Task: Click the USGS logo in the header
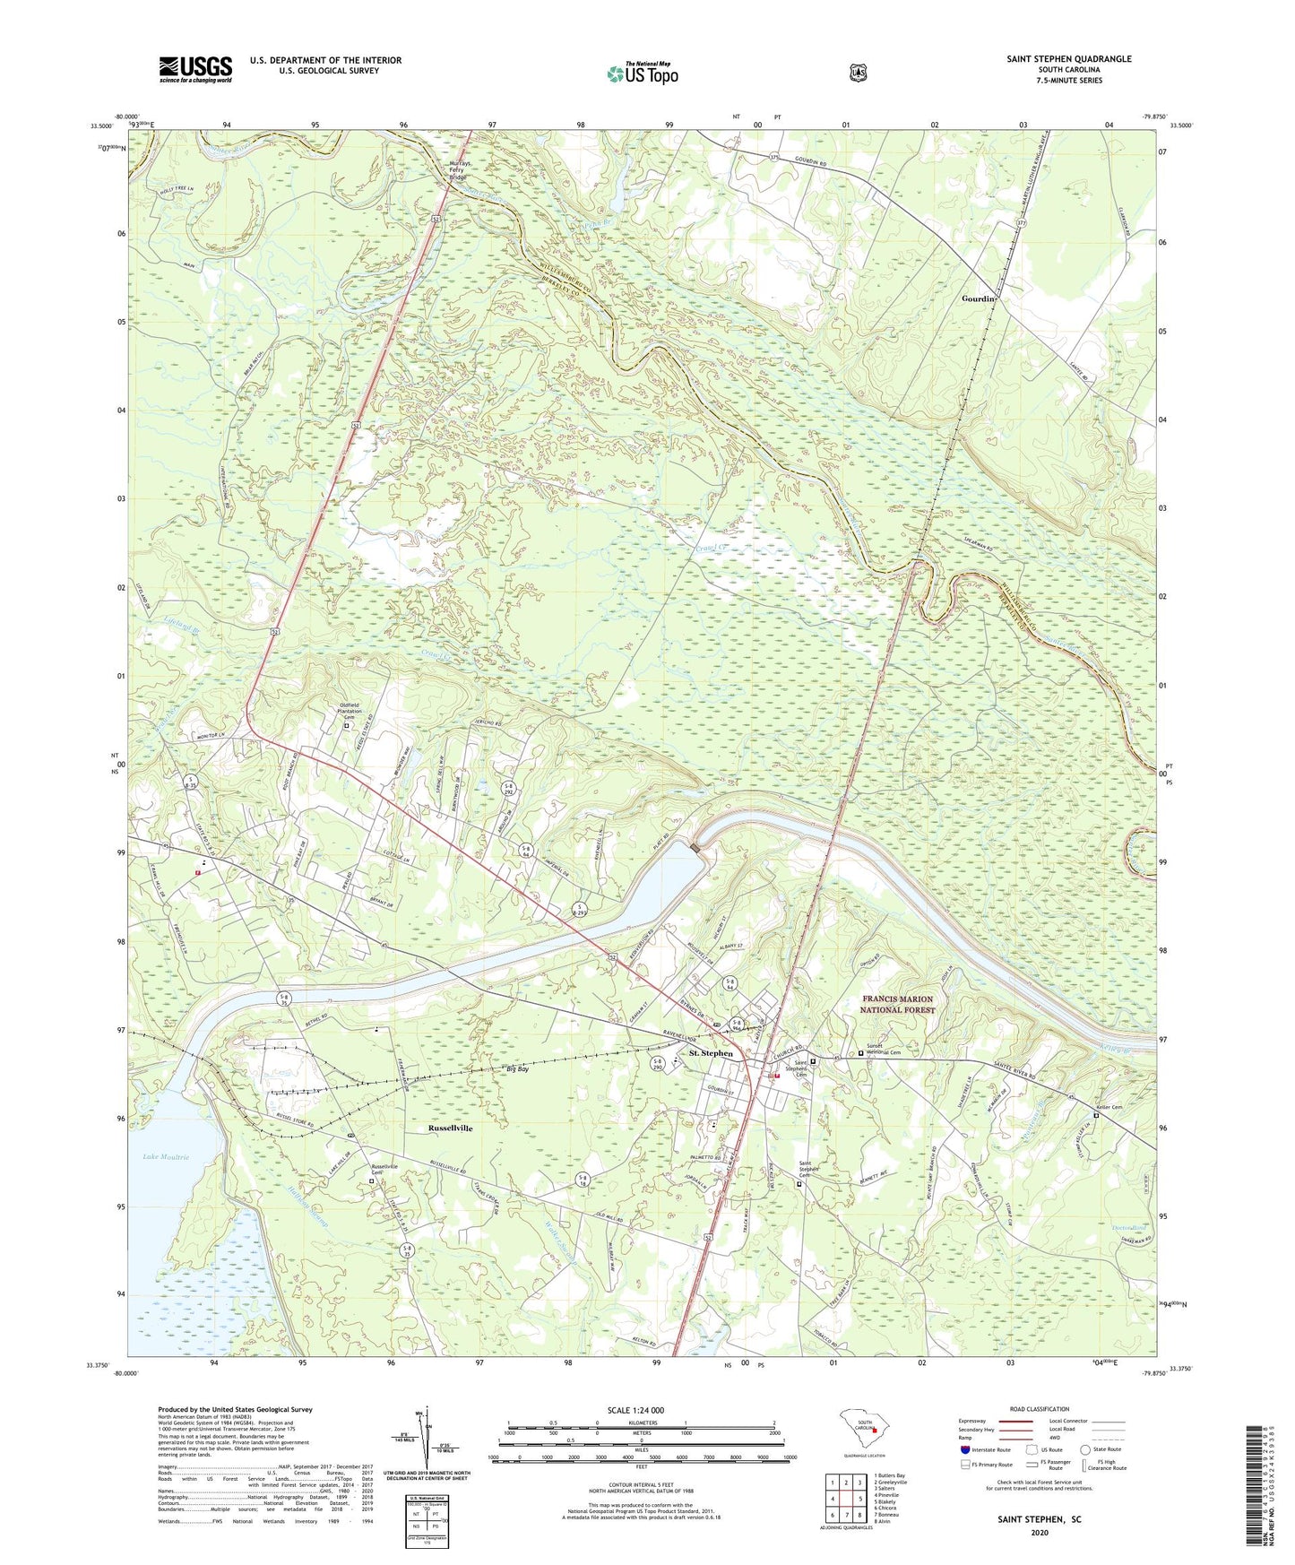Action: click(x=195, y=69)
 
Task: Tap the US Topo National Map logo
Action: click(x=642, y=73)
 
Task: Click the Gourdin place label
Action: click(x=979, y=298)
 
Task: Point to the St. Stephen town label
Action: click(x=711, y=1053)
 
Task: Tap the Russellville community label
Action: click(x=450, y=1128)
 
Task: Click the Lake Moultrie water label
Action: click(x=166, y=1157)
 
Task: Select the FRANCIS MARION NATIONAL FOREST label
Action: click(x=896, y=1004)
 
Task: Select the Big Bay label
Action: click(x=518, y=1069)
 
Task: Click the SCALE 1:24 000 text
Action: click(x=635, y=1410)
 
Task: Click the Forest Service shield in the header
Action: click(x=858, y=73)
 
